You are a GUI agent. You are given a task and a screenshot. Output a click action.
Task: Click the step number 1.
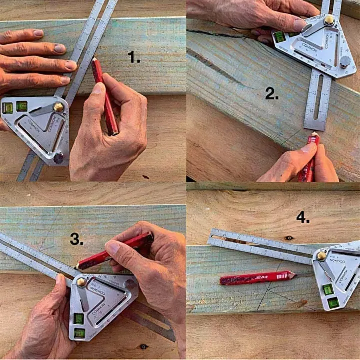[x=134, y=58]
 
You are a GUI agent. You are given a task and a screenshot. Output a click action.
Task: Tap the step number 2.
[x=272, y=94]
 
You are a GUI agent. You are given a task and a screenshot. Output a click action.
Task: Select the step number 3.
[x=76, y=239]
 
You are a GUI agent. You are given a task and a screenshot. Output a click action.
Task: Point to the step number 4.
[x=303, y=218]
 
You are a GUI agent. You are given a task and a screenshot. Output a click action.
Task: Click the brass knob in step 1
[x=59, y=107]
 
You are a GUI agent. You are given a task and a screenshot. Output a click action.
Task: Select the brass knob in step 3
[x=81, y=282]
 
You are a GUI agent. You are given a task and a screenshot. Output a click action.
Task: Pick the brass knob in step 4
[x=321, y=255]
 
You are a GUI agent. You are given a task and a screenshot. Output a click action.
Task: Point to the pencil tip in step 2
[x=314, y=134]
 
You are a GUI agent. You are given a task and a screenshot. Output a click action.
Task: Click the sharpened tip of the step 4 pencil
[x=294, y=274]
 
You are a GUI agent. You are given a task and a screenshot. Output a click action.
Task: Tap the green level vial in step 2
[x=279, y=36]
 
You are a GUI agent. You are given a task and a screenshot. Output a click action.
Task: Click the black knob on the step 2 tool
[x=344, y=62]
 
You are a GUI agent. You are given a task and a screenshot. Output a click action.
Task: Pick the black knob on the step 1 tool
[x=58, y=158]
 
